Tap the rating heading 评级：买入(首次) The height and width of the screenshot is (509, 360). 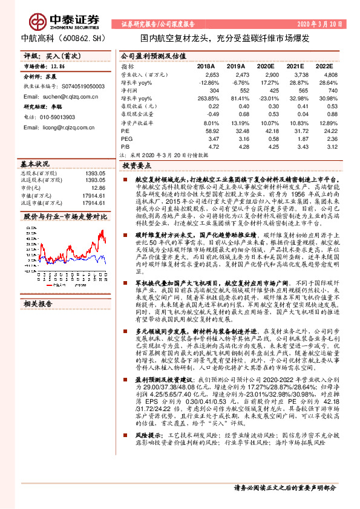pyautogui.click(x=47, y=56)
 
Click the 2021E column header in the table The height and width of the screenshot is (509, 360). pyautogui.click(x=295, y=66)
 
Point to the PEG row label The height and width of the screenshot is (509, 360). pyautogui.click(x=126, y=138)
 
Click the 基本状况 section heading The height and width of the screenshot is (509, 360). pyautogui.click(x=34, y=164)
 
